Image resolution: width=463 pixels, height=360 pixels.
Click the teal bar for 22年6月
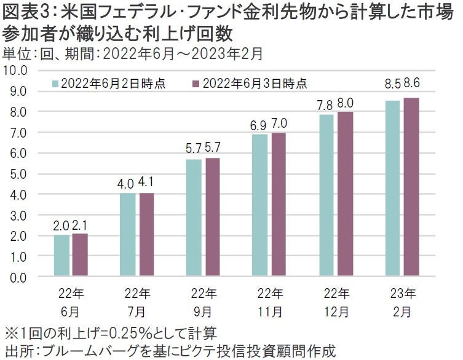pos(61,256)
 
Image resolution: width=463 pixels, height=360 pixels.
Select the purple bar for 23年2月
pos(412,187)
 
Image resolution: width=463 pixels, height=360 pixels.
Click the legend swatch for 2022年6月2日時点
pos(55,84)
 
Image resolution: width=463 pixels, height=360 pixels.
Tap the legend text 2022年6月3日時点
pos(255,84)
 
